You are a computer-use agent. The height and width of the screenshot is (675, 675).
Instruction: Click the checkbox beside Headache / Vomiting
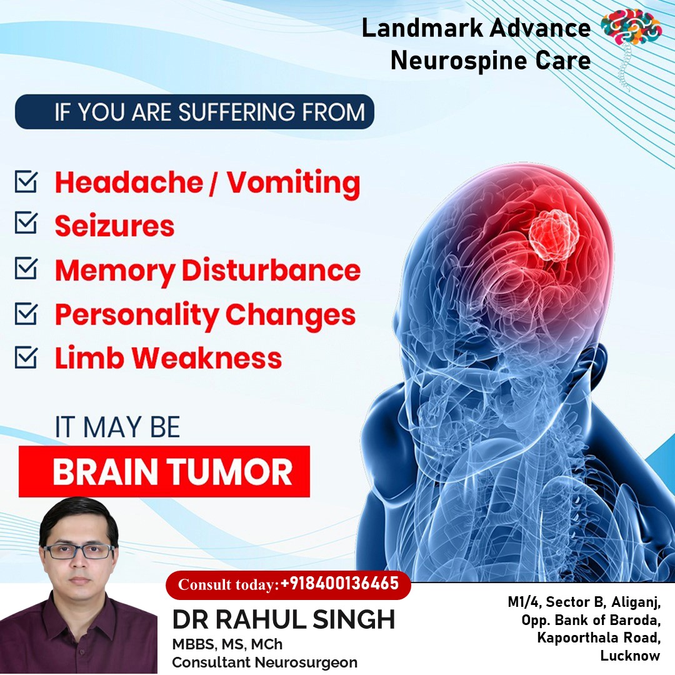[x=26, y=182]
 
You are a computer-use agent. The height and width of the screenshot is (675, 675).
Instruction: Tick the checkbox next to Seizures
[x=26, y=222]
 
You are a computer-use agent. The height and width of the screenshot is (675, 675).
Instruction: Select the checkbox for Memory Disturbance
[x=26, y=268]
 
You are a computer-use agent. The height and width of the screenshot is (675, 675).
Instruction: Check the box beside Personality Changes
[x=26, y=313]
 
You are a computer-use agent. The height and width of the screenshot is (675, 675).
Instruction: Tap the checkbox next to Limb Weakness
[x=26, y=357]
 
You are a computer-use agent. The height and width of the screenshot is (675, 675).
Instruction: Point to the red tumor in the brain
[x=554, y=235]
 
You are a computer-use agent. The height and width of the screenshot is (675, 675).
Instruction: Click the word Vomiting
[x=294, y=183]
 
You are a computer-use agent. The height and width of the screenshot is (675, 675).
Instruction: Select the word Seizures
[x=114, y=226]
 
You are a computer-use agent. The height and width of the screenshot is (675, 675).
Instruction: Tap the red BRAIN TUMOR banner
[x=164, y=471]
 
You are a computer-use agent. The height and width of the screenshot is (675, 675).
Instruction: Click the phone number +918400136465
[x=339, y=583]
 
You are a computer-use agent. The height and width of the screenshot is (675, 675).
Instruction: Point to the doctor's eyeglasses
[x=79, y=551]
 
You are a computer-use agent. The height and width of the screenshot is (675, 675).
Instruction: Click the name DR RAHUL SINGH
[x=283, y=619]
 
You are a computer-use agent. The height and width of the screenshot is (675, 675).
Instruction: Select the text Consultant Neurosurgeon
[x=265, y=662]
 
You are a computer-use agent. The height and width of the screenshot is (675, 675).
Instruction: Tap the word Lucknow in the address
[x=630, y=656]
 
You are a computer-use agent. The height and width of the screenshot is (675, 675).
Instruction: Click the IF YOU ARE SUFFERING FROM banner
[x=194, y=111]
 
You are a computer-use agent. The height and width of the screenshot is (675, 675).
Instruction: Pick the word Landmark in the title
[x=422, y=28]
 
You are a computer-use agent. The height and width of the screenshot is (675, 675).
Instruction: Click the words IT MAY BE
[x=117, y=427]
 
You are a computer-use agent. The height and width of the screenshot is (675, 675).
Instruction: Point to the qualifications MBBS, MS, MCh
[x=227, y=644]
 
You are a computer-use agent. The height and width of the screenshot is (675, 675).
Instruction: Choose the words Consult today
[x=226, y=584]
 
